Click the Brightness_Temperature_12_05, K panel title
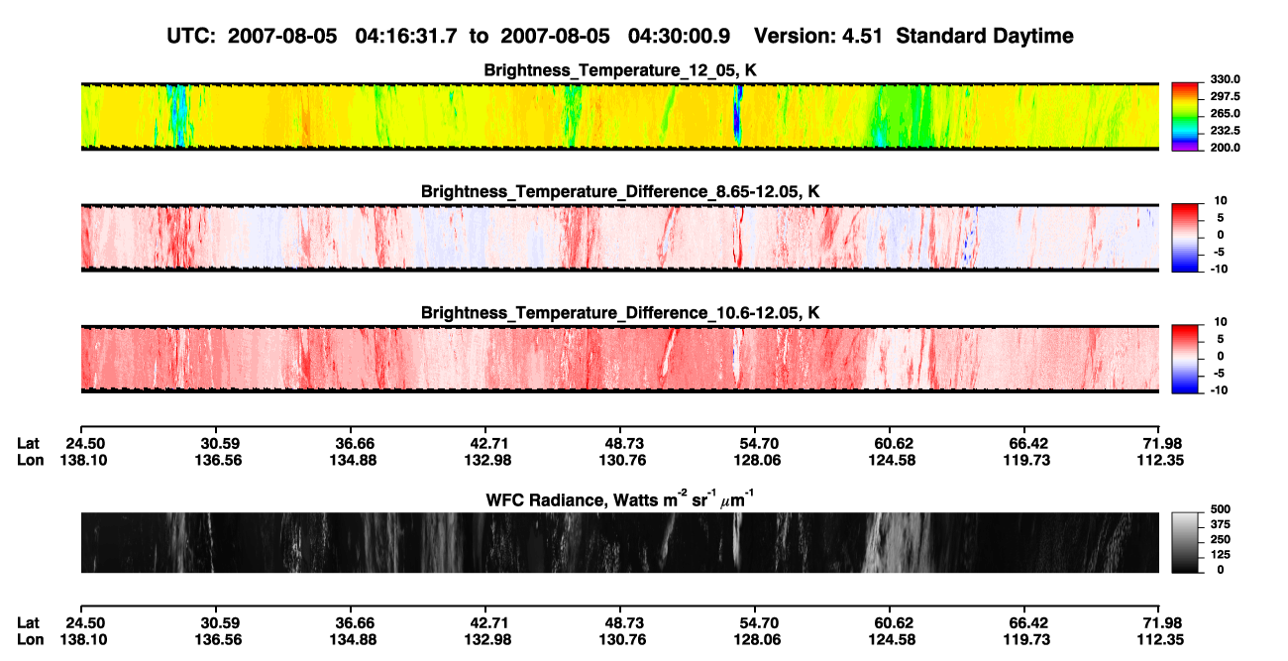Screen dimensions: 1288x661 (620, 70)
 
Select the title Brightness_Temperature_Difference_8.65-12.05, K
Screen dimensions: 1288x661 (620, 191)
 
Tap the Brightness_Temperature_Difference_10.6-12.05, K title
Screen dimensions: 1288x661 (620, 313)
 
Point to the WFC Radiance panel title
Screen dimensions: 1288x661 (619, 498)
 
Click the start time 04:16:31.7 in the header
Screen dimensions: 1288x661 (406, 36)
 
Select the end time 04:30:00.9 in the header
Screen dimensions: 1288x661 (679, 36)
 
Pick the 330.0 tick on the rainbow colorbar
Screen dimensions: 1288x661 (1225, 79)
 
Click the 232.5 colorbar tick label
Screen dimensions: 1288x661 (1225, 131)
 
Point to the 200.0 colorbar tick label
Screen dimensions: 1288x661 (1225, 148)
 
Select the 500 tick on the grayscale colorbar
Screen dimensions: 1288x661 (1221, 509)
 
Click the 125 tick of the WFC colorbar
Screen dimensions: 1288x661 (1221, 555)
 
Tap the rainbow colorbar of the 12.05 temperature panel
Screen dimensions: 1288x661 (1185, 117)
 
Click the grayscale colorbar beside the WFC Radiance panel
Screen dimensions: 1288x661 (1185, 542)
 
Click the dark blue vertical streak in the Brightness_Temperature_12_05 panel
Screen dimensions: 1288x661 (738, 115)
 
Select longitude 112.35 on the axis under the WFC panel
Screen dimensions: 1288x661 (1160, 640)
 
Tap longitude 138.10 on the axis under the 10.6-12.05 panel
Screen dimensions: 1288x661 (83, 460)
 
